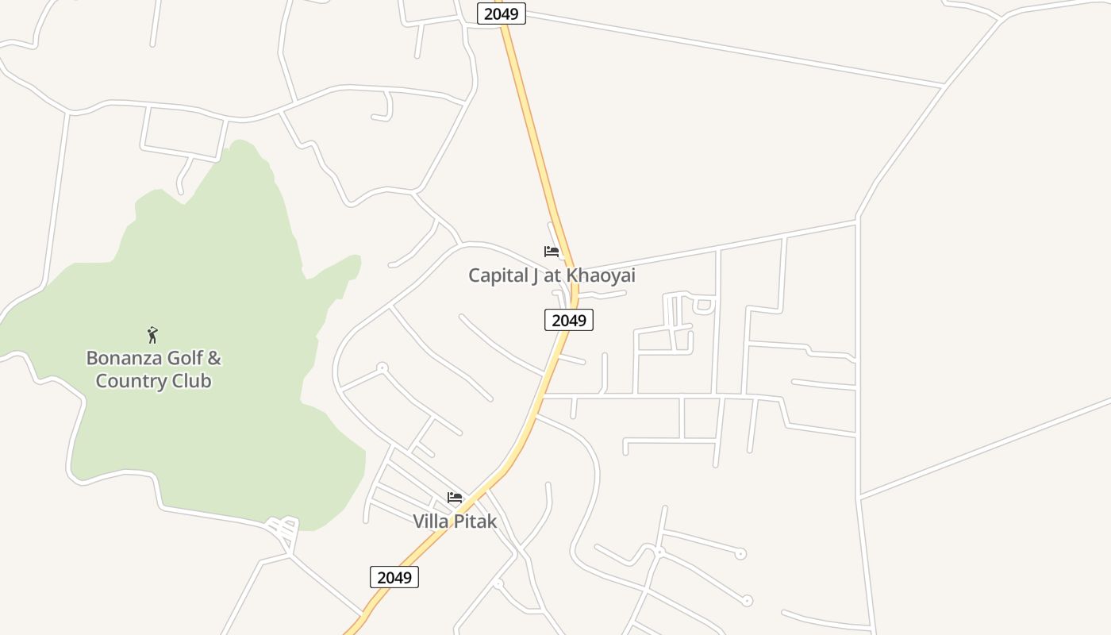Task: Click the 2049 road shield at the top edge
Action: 501,13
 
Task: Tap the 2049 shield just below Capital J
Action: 569,320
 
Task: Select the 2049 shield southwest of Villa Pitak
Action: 394,577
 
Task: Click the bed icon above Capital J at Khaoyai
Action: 552,252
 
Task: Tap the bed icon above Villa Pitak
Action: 455,498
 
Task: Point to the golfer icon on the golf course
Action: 152,335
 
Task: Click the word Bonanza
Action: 124,358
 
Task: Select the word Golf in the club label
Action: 186,358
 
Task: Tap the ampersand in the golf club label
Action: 214,358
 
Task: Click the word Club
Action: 192,381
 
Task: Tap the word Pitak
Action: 476,521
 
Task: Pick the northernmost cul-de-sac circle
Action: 382,368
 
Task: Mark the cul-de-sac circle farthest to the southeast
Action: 747,601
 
